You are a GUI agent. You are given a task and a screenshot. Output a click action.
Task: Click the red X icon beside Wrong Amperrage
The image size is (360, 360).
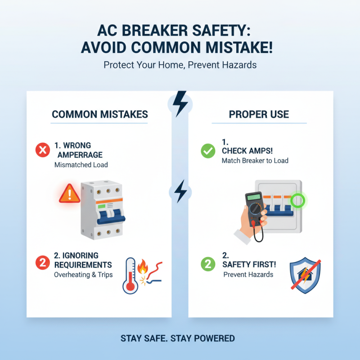[x=42, y=150]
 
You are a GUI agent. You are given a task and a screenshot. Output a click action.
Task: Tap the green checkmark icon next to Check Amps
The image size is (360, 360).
[x=208, y=150]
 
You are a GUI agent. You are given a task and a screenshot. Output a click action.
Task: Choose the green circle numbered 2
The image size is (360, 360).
[x=208, y=264]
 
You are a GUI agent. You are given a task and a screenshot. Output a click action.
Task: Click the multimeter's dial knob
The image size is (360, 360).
[x=256, y=209]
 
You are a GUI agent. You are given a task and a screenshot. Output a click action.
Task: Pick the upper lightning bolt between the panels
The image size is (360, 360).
[x=180, y=103]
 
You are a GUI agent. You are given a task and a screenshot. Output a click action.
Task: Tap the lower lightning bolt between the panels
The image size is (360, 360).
[x=180, y=191]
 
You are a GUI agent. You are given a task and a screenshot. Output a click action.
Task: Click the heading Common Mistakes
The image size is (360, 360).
[x=99, y=114]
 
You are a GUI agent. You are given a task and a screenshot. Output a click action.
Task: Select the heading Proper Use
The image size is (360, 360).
[x=259, y=114]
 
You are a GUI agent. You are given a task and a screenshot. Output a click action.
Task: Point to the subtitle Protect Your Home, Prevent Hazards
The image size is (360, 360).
[x=180, y=65]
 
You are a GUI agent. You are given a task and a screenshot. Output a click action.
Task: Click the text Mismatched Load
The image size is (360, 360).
[x=81, y=165]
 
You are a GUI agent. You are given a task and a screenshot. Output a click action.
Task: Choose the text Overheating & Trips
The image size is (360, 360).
[x=83, y=274]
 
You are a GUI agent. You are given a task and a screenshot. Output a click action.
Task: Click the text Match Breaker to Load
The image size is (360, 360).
[x=255, y=161]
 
